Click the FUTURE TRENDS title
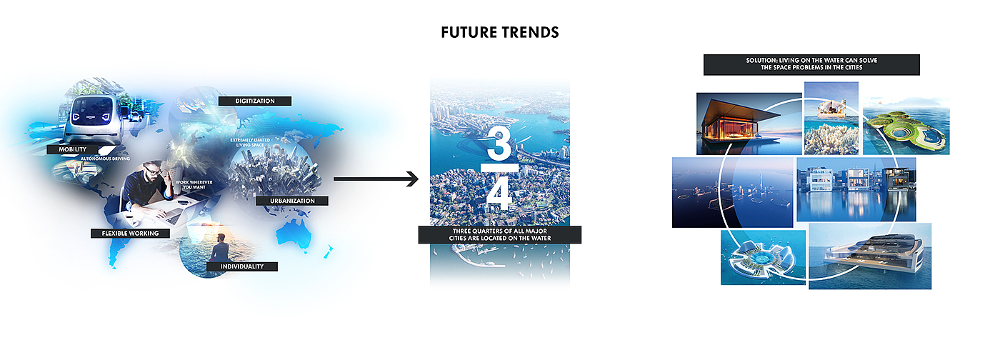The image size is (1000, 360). coord(499,33)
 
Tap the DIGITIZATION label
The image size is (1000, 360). coord(255,101)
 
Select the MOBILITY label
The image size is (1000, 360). coord(72,149)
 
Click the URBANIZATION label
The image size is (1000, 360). coord(292,201)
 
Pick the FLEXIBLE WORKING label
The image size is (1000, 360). coord(130,233)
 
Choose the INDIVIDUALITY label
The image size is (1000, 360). coord(242,266)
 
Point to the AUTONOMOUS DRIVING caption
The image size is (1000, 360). coord(105,159)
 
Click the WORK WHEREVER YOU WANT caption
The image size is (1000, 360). coord(194,185)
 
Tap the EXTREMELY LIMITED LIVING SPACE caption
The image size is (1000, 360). coord(250,142)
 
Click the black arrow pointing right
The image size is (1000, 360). coord(376,179)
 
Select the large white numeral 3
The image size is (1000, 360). coord(499,144)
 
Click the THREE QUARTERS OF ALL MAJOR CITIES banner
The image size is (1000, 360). coord(499,235)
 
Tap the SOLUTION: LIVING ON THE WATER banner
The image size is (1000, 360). coord(811,64)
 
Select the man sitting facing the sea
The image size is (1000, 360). coord(219,249)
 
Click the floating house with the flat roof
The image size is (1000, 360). coord(749,124)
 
